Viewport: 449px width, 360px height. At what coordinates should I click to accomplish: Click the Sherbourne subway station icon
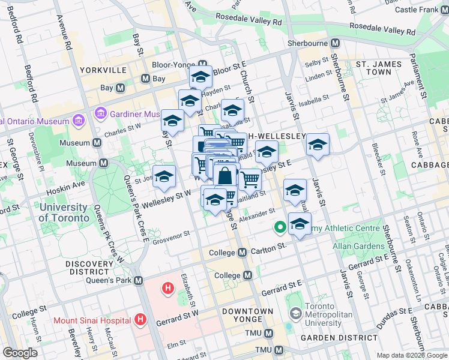335,43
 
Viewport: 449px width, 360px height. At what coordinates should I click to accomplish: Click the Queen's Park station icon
139,281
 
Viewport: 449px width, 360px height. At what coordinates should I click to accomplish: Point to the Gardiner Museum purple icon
100,113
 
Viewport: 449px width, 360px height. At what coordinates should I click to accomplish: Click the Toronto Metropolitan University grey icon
295,314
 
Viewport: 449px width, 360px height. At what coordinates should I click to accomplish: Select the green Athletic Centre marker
280,228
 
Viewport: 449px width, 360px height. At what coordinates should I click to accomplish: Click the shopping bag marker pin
226,177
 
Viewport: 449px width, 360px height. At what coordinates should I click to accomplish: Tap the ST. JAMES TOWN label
373,68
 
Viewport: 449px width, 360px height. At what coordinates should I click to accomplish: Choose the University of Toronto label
63,212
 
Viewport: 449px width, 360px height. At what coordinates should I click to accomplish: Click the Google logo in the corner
20,353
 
